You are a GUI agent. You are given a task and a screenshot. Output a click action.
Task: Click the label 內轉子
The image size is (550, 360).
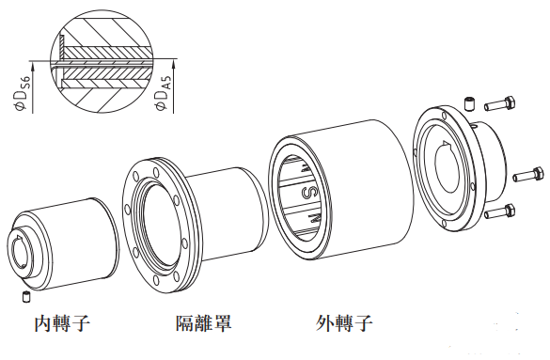click(62, 323)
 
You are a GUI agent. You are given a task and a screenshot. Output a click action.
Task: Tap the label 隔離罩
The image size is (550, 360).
click(204, 322)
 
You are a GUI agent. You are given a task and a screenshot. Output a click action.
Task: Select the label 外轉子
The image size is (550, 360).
click(344, 323)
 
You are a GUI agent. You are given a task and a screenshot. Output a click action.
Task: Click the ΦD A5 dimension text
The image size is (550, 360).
click(163, 92)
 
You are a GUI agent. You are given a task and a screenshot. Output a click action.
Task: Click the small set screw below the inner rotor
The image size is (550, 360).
click(26, 296)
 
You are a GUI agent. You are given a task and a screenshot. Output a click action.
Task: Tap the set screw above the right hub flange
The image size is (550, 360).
click(470, 104)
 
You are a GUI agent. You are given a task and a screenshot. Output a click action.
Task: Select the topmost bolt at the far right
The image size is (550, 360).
click(499, 103)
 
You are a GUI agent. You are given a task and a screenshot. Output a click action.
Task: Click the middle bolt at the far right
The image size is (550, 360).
click(529, 175)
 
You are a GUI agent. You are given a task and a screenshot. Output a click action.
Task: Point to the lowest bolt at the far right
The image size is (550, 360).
click(499, 211)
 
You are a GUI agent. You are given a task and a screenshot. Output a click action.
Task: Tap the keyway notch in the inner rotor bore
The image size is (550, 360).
click(17, 240)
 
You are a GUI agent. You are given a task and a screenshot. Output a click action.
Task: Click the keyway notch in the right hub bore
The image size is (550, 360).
click(446, 144)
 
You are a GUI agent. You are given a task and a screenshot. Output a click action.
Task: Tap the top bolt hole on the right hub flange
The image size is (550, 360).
click(445, 116)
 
